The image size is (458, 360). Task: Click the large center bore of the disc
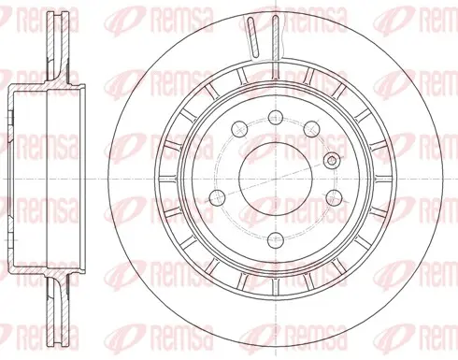click(276, 179)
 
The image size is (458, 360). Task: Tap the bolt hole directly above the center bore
click(276, 118)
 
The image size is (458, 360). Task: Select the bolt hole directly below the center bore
click(276, 240)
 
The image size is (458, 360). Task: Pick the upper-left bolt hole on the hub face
click(239, 128)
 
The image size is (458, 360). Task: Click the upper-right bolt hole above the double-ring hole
click(311, 128)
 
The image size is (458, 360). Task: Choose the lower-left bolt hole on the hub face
click(217, 196)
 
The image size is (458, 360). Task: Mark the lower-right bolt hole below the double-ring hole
click(335, 196)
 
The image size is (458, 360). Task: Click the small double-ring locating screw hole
click(332, 161)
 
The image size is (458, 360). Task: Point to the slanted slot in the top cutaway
click(253, 37)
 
